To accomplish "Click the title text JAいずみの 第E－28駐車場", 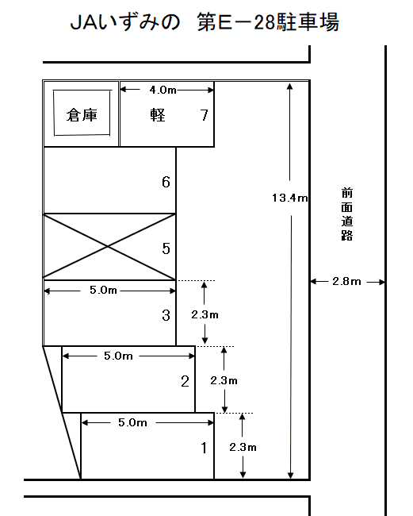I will click(x=205, y=25).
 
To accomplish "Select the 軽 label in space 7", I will click(x=157, y=115).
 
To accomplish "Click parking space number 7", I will click(x=204, y=115).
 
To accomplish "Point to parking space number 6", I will click(x=166, y=183).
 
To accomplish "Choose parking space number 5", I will click(x=166, y=248).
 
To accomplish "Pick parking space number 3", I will click(x=166, y=315).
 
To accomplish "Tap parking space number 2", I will click(x=185, y=381).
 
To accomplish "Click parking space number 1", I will click(x=204, y=448).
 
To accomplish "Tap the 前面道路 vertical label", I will click(x=346, y=214).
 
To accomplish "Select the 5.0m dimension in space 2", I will click(x=119, y=356).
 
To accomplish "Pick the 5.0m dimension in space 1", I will click(x=132, y=423).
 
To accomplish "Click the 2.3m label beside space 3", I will click(x=205, y=314).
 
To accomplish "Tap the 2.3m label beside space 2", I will click(x=224, y=380).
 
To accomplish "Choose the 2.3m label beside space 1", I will click(x=242, y=447).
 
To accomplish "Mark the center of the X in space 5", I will click(x=109, y=247).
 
